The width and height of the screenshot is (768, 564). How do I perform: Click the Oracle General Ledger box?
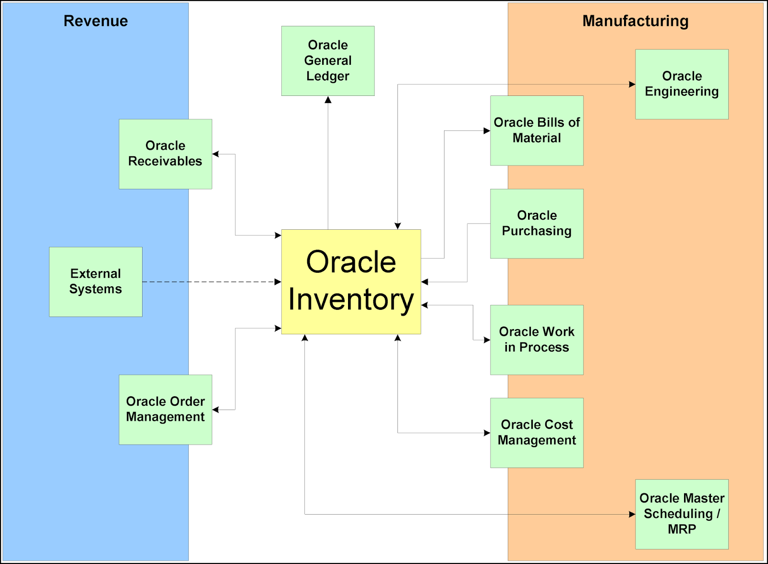[328, 61]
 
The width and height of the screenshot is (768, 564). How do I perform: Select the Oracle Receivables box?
[165, 153]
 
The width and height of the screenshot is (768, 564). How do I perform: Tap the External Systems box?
[96, 282]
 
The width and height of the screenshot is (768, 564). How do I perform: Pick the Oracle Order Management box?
[165, 409]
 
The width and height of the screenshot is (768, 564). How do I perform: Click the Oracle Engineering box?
[682, 84]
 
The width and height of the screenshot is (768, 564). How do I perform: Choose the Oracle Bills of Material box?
[537, 130]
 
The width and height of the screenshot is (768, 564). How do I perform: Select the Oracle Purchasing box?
[537, 223]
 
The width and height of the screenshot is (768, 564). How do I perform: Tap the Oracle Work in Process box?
[537, 340]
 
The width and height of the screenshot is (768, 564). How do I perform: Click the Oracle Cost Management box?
[537, 433]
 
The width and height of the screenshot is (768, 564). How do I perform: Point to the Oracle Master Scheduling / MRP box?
[682, 514]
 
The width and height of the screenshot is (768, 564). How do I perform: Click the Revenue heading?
[96, 21]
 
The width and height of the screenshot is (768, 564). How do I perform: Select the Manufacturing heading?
[635, 21]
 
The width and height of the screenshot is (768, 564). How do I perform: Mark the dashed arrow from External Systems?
[211, 282]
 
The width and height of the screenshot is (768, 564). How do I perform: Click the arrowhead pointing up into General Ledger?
[328, 100]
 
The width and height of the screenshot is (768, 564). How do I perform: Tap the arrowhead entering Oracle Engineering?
[632, 84]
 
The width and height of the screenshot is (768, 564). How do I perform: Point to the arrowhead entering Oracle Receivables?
[216, 154]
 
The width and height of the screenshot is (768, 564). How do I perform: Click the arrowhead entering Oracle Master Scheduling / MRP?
[632, 514]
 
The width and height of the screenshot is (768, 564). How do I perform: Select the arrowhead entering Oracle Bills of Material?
[486, 130]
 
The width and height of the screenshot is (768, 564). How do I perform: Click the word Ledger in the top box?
[328, 76]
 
